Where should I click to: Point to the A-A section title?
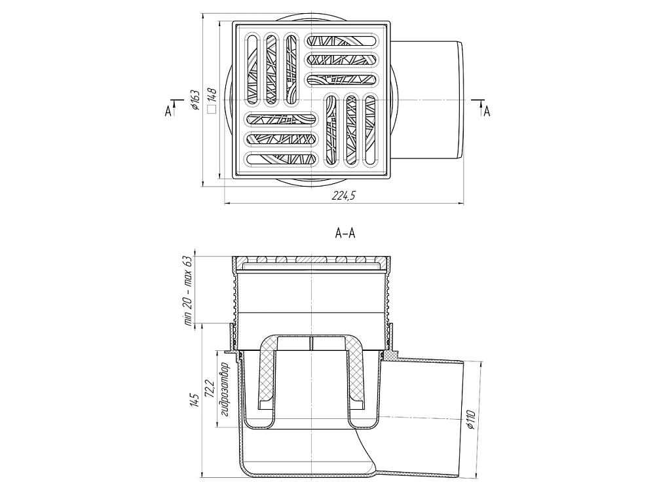(345, 232)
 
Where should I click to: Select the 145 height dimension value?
(194, 401)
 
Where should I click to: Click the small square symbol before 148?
(211, 109)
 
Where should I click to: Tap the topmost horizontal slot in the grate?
(343, 41)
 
